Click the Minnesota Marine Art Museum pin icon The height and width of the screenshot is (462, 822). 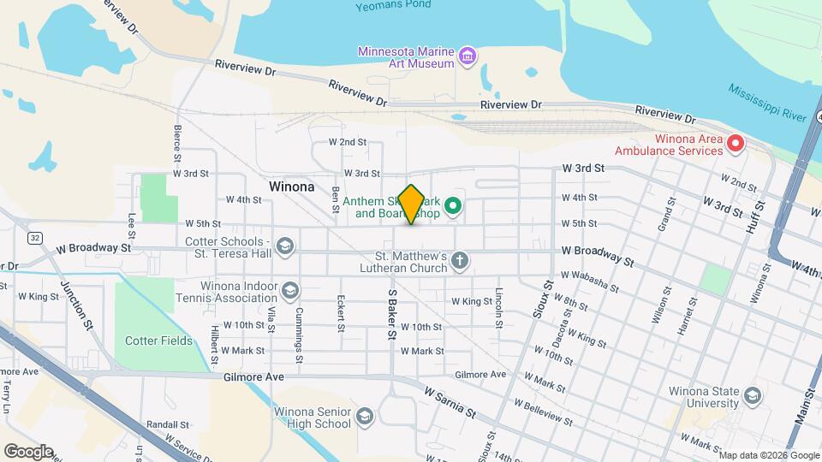point(467,57)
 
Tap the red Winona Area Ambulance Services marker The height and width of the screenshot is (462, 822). point(735,145)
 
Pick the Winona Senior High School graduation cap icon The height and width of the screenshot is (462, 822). point(364,416)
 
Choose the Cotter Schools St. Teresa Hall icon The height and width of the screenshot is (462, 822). point(285,247)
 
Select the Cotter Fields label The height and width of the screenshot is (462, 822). point(158,341)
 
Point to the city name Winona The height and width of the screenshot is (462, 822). point(291,186)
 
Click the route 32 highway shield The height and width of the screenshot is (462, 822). point(34,236)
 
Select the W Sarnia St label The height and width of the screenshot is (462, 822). point(450,401)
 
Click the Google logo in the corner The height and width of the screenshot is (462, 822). point(28,451)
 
